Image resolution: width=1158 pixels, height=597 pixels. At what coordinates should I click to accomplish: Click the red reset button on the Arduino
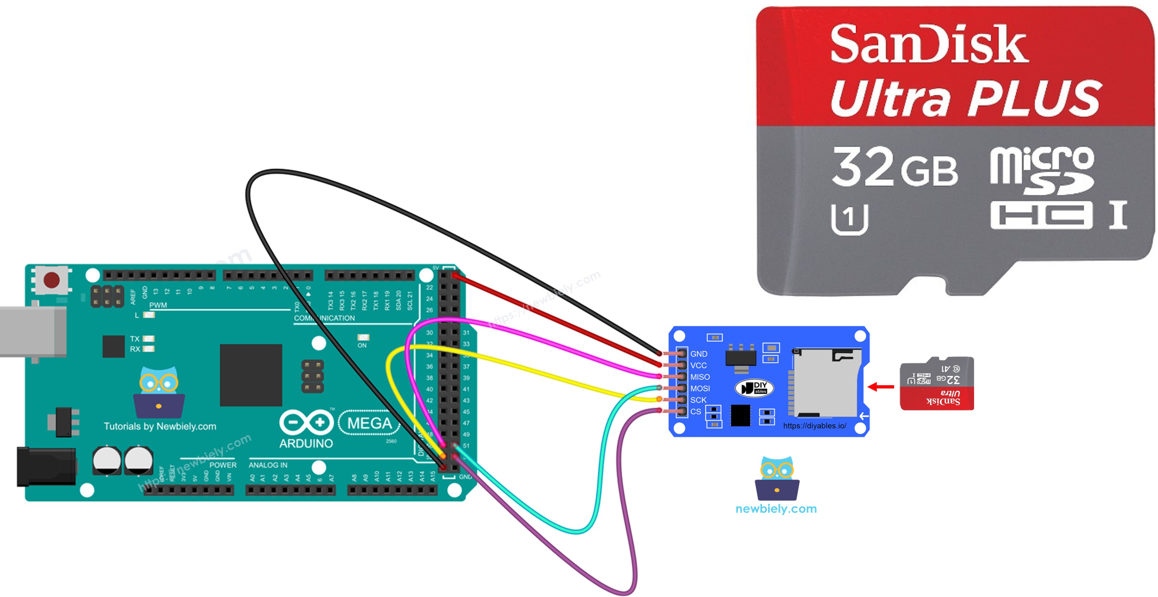pyautogui.click(x=51, y=280)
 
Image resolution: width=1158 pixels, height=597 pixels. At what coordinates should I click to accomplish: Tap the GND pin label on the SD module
pyautogui.click(x=699, y=354)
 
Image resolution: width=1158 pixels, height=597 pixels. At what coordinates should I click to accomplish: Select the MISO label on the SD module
pyautogui.click(x=700, y=377)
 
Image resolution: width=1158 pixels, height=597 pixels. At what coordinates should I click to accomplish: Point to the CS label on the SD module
pyautogui.click(x=696, y=412)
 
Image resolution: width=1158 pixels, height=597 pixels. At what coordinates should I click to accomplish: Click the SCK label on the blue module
pyautogui.click(x=698, y=400)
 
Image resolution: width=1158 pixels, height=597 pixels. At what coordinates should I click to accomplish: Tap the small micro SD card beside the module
pyautogui.click(x=936, y=383)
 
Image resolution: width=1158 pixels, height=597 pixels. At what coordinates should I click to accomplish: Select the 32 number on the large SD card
pyautogui.click(x=863, y=167)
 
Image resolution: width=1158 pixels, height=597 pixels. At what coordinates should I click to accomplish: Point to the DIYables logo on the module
pyautogui.click(x=754, y=388)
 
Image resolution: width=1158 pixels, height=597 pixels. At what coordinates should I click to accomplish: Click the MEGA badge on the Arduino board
pyautogui.click(x=370, y=423)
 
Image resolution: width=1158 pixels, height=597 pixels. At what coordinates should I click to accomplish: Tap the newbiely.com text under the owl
pyautogui.click(x=776, y=509)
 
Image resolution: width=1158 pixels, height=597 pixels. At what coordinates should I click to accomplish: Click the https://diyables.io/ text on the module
pyautogui.click(x=815, y=426)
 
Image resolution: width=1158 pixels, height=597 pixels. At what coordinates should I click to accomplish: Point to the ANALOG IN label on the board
pyautogui.click(x=268, y=465)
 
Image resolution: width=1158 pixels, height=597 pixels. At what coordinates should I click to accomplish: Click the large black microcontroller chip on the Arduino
pyautogui.click(x=251, y=375)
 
